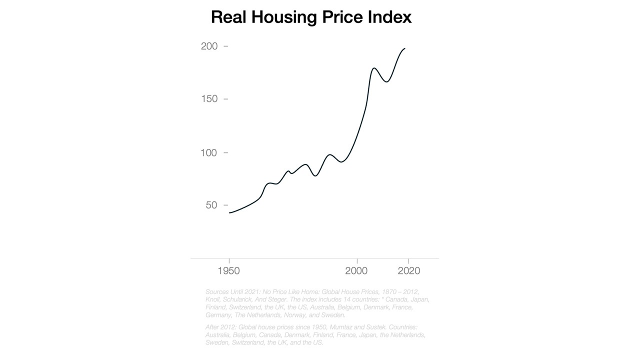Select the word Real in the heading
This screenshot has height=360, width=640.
pos(228,17)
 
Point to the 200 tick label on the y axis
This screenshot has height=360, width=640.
pos(209,46)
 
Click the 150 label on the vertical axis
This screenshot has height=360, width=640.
pos(209,99)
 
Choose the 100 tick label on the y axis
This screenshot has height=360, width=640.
pos(209,152)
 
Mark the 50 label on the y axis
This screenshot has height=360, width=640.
pos(211,205)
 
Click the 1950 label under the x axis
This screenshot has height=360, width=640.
pos(229,271)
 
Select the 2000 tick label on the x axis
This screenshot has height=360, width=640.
pos(357,271)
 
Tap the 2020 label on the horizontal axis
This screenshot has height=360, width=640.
pos(409,271)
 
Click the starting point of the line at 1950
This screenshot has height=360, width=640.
pos(229,213)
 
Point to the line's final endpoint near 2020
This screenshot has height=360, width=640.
pos(404,48)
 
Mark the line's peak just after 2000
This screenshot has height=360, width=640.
pos(374,68)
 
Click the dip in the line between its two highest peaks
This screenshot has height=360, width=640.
pos(386,81)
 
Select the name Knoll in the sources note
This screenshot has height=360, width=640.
pos(213,299)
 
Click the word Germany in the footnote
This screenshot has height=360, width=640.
pos(218,315)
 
